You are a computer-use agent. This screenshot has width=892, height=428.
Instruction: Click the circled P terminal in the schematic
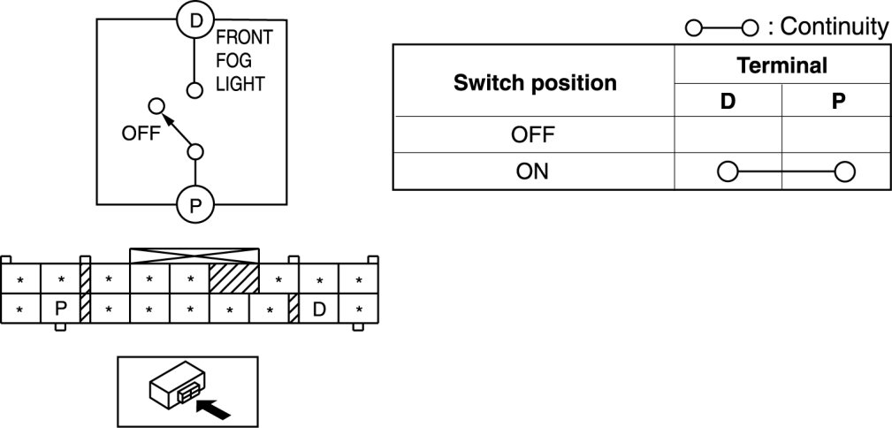194,206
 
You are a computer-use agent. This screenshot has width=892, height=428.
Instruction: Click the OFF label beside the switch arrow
139,135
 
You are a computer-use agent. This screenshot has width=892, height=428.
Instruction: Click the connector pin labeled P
61,310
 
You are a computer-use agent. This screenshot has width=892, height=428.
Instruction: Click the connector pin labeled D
319,310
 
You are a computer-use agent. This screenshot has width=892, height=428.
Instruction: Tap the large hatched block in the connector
234,279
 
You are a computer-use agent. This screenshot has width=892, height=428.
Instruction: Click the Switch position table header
535,83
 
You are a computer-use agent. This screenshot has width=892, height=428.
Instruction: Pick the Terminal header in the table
782,65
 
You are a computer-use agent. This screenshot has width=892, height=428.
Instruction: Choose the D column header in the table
728,101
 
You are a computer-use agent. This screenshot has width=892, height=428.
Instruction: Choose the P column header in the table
837,101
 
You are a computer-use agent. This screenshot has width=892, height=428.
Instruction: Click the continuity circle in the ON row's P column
844,172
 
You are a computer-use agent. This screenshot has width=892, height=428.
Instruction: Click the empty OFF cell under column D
728,135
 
